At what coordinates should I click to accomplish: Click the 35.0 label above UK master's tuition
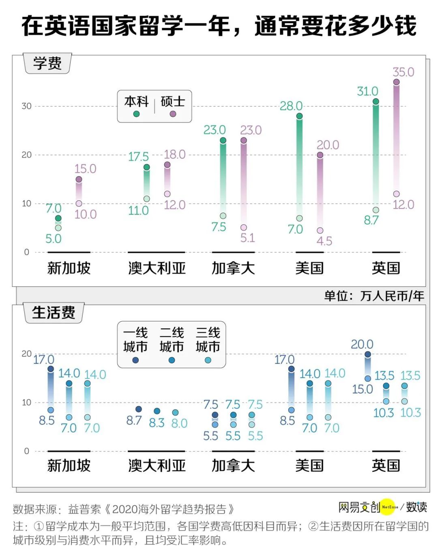click(403, 72)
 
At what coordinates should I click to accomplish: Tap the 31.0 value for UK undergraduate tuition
click(367, 91)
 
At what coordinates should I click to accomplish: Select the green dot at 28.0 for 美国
click(299, 116)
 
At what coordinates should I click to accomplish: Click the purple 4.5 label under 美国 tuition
click(324, 241)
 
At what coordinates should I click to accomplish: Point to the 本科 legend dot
click(136, 114)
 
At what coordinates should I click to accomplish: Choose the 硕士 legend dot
click(173, 114)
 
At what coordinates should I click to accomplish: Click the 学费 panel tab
click(48, 63)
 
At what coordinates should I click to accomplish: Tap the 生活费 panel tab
click(54, 313)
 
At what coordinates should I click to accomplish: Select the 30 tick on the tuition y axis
click(26, 106)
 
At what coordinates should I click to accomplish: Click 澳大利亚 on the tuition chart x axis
click(157, 268)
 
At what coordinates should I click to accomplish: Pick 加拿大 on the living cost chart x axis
click(233, 465)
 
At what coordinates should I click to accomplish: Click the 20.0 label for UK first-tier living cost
click(362, 344)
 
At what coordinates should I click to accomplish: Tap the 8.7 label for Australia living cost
click(134, 421)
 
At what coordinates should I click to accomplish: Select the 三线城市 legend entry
click(208, 340)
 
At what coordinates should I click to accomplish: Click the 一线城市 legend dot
click(135, 360)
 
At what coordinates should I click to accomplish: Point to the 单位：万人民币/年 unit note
click(374, 296)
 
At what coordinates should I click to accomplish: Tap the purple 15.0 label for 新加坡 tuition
click(85, 169)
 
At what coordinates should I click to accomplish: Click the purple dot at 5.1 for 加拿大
click(244, 228)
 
